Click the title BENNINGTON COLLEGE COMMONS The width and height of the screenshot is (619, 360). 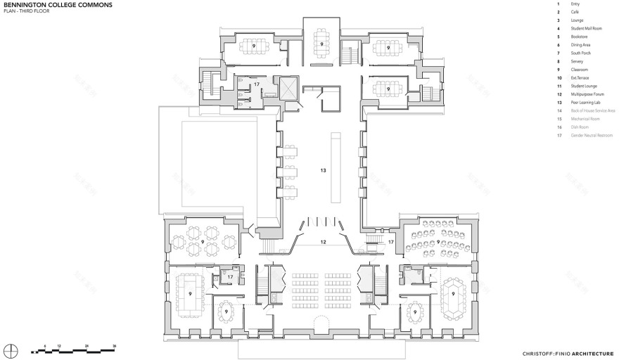tap(49, 4)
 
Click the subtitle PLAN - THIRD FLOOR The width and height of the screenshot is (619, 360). tap(26, 11)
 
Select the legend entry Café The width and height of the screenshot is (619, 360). tap(575, 12)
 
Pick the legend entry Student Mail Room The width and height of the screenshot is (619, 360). tap(586, 28)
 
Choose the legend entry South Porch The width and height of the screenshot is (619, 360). tap(580, 53)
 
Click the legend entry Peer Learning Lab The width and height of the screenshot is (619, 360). tap(585, 102)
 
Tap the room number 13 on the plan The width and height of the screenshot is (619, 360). tap(323, 170)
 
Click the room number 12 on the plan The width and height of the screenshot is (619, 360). tap(323, 242)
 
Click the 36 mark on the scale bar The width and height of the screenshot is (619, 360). tap(114, 346)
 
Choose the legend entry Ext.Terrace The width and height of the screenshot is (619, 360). tap(580, 77)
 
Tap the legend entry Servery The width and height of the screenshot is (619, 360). tap(577, 61)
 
